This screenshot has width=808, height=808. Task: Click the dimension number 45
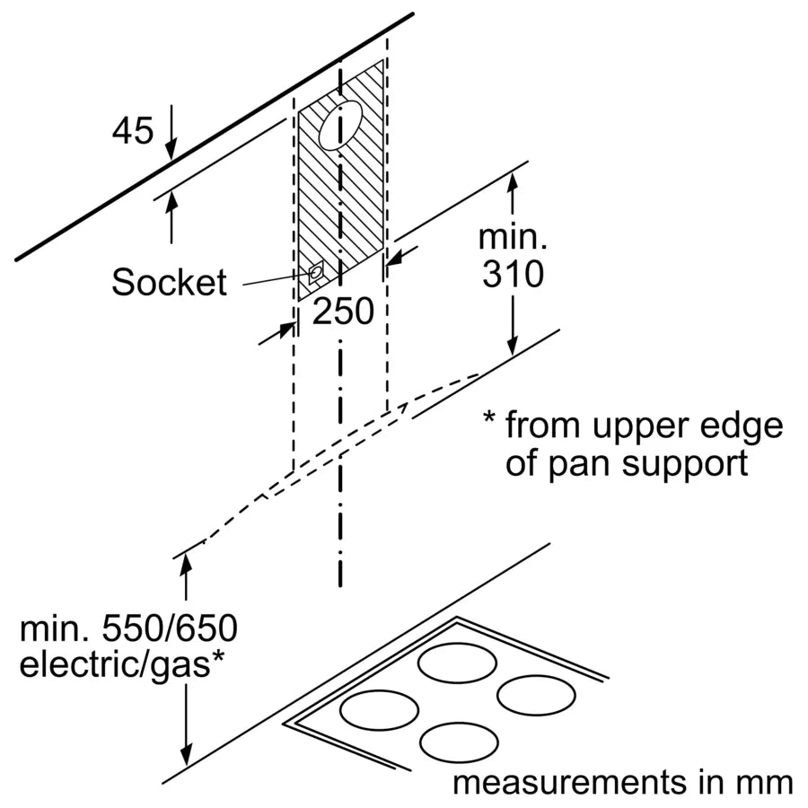[x=133, y=132]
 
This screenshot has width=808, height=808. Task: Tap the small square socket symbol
[x=316, y=272]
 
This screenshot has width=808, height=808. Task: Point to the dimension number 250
[x=342, y=312]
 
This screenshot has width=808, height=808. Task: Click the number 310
[x=512, y=275]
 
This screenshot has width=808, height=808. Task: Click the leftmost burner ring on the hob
[x=379, y=709]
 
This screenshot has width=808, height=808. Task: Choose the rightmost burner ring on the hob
[x=535, y=695]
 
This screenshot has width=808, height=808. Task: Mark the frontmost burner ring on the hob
[x=459, y=742]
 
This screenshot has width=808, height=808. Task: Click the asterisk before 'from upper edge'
[x=489, y=420]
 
